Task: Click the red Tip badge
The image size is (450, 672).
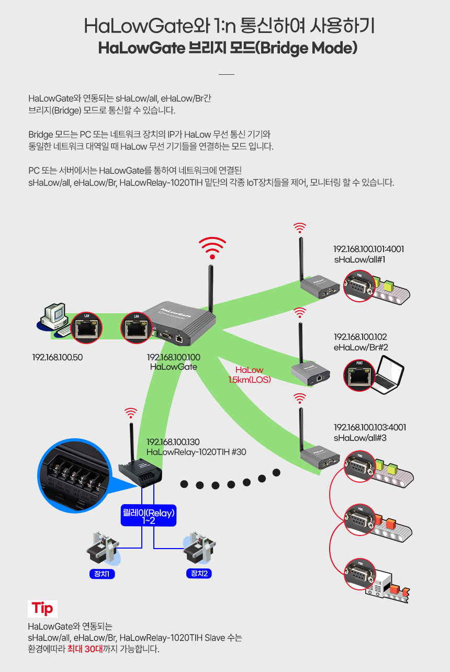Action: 42,609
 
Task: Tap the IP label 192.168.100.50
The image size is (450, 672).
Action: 58,357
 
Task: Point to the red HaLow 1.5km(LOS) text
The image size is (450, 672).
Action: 250,375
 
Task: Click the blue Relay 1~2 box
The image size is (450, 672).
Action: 148,516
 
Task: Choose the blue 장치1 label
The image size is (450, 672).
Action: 102,574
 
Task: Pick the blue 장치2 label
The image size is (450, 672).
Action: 199,573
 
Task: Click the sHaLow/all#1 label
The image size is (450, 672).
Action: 359,259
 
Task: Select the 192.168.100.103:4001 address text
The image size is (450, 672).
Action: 370,427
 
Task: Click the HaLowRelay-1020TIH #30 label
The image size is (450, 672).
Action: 196,452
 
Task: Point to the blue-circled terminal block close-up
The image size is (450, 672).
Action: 75,476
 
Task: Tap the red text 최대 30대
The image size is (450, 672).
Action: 85,649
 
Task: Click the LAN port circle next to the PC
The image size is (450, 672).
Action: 86,327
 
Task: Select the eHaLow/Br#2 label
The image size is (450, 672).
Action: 361,347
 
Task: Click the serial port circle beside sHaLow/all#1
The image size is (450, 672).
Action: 359,286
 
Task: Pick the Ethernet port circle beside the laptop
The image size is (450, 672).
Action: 359,375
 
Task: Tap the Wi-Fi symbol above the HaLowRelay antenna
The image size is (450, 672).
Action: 131,413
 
